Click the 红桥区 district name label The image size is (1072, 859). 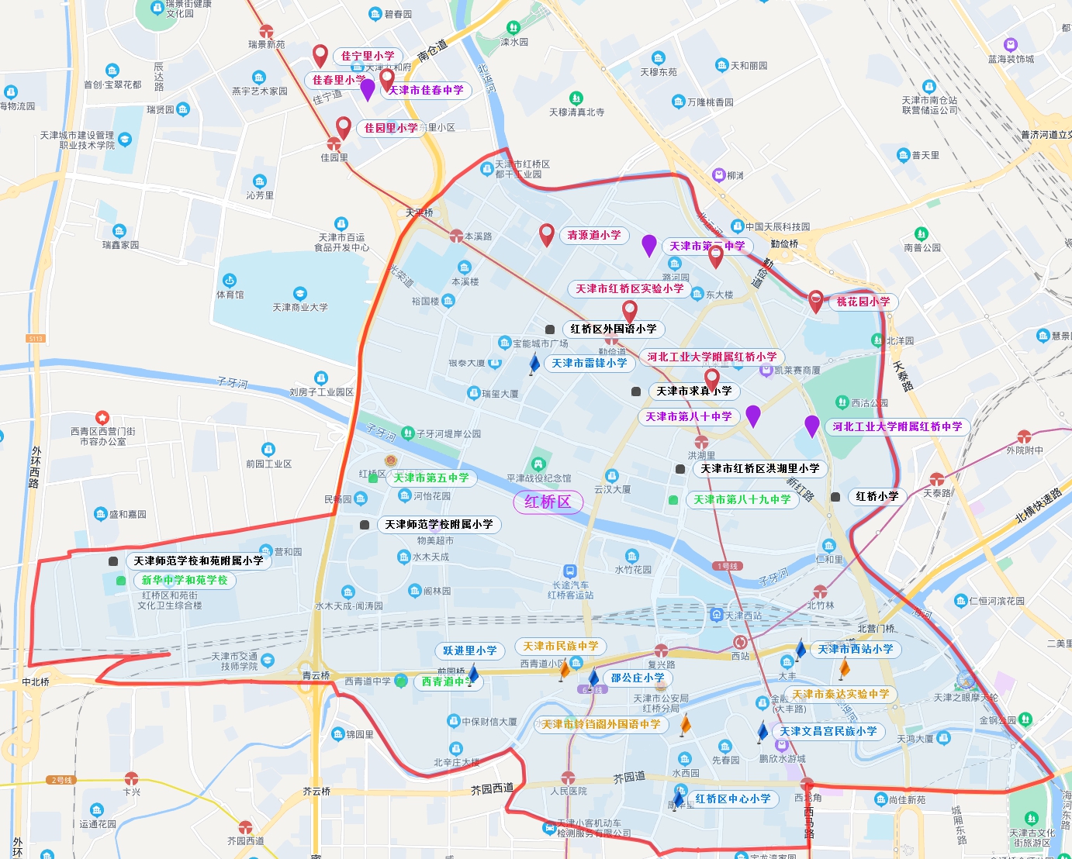[x=548, y=502]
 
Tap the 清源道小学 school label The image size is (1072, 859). [x=594, y=235]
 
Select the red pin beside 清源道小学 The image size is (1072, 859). [x=547, y=233]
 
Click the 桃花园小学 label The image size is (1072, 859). [x=863, y=302]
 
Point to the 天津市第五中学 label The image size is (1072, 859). [x=431, y=478]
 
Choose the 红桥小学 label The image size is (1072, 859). [x=877, y=496]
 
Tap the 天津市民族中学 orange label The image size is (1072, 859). [x=561, y=646]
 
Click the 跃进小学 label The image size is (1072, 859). [x=470, y=650]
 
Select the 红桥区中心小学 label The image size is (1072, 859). [x=733, y=799]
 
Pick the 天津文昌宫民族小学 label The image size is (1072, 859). [x=828, y=731]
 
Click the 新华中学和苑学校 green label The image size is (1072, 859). [x=185, y=580]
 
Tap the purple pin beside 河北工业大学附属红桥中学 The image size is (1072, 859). [x=812, y=425]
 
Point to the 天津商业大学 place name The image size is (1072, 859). [x=300, y=307]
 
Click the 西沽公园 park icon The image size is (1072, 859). [x=842, y=402]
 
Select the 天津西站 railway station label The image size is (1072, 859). [x=743, y=616]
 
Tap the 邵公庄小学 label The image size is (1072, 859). [x=638, y=678]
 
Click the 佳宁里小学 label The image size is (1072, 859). [x=368, y=56]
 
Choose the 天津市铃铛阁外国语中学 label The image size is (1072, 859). [x=601, y=724]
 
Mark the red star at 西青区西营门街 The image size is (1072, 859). [x=102, y=418]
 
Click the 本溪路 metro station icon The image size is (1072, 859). [x=457, y=236]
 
